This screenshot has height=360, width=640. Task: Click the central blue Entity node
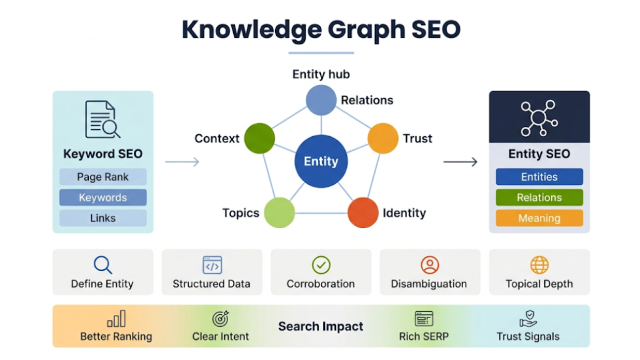321,161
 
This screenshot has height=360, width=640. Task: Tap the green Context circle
259,138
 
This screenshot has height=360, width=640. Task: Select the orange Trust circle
382,138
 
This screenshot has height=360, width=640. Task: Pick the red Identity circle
362,212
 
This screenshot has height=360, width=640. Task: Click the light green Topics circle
279,212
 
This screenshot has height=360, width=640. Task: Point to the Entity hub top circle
321,100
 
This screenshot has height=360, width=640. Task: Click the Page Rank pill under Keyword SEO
103,177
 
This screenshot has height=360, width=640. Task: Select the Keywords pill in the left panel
103,197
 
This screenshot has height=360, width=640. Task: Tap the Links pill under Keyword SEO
103,218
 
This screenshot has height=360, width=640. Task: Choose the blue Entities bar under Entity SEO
539,177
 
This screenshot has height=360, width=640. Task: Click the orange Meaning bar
539,218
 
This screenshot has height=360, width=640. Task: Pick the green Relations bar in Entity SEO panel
539,197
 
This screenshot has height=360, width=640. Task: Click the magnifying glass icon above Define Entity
102,265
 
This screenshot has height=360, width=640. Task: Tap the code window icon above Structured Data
212,265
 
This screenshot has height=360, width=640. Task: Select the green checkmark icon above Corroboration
321,265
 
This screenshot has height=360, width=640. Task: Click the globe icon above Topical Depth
539,265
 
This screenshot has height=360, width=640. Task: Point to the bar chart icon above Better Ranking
116,319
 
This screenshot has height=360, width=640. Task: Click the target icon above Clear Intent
221,319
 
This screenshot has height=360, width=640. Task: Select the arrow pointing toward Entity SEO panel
460,162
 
